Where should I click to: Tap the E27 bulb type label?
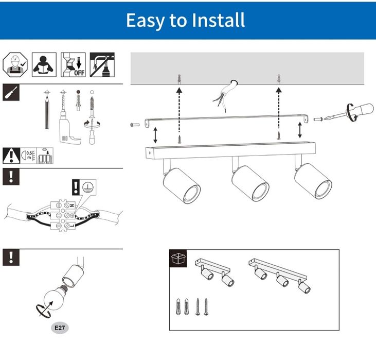(60, 328)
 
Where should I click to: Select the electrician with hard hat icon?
(15, 64)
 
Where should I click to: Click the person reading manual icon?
(44, 64)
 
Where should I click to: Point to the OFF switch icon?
(73, 64)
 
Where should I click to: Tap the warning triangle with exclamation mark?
(11, 156)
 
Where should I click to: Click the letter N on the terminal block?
(72, 205)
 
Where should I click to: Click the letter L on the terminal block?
(73, 226)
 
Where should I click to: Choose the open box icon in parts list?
(178, 259)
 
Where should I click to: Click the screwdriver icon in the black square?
(11, 92)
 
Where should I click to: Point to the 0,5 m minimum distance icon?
(28, 156)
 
